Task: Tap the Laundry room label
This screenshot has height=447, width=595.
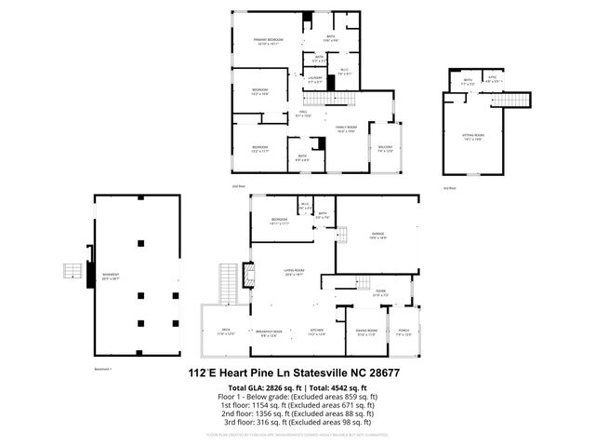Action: click(315, 79)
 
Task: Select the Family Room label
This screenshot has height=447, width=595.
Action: click(346, 129)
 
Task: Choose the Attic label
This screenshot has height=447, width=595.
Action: click(495, 81)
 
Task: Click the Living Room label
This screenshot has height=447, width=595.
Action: click(296, 272)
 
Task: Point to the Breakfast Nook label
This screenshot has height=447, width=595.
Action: click(271, 332)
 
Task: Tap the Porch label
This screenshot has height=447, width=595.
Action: click(403, 332)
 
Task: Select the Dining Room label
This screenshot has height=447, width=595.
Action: click(366, 332)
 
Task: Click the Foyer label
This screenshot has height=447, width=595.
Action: click(381, 292)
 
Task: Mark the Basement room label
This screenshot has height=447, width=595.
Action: click(112, 277)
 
